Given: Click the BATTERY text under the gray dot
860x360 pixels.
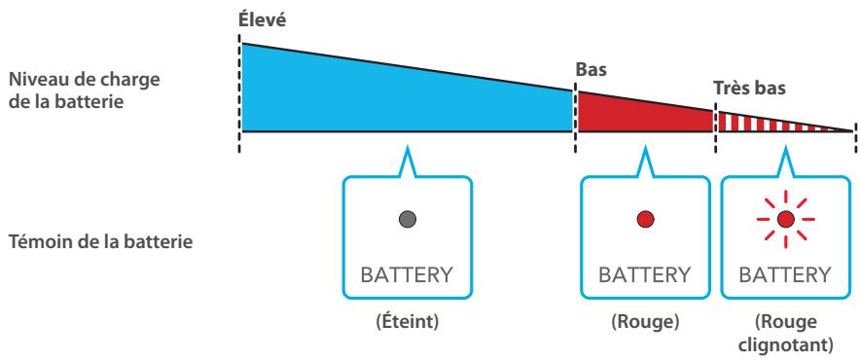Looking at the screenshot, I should click(x=408, y=275).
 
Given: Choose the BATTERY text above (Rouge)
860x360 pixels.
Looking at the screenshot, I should click(x=643, y=275).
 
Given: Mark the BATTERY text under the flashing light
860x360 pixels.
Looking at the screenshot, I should click(x=786, y=275).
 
